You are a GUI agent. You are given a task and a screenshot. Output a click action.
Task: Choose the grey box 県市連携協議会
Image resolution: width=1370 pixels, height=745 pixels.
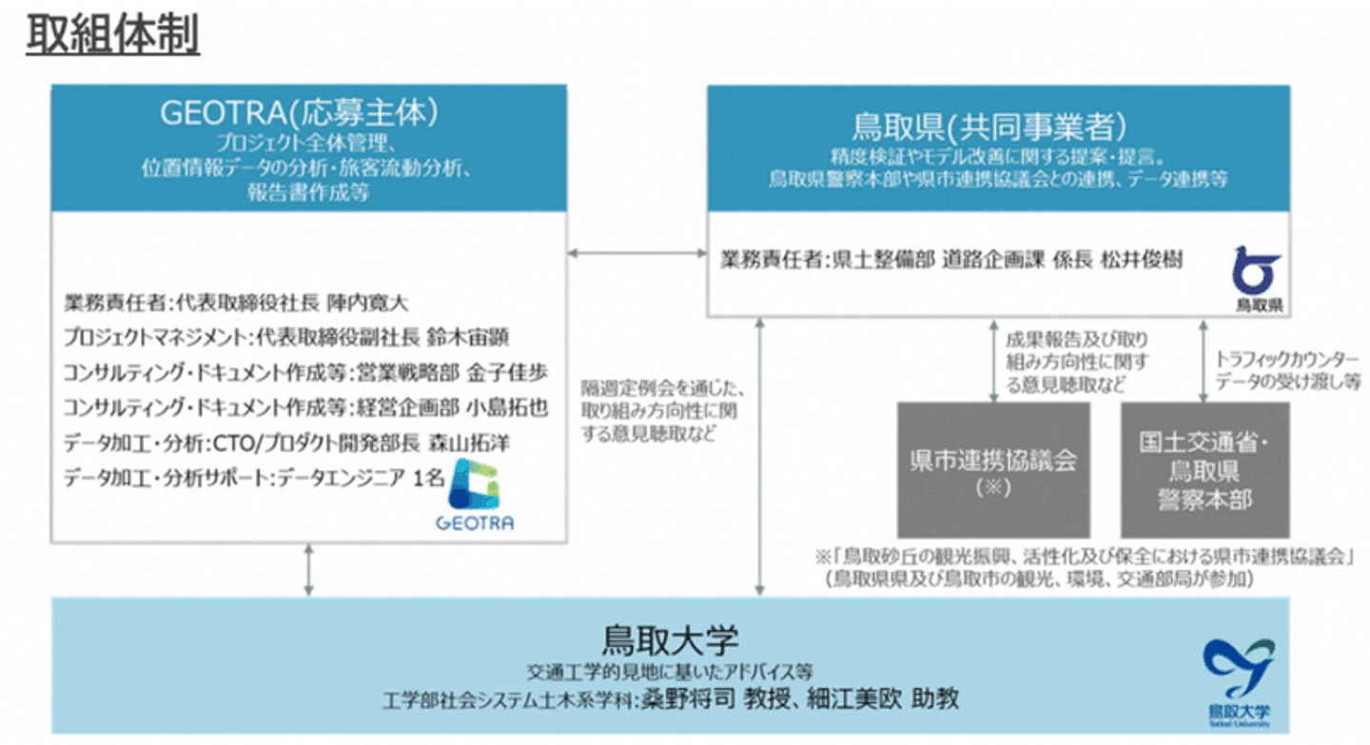click(x=993, y=469)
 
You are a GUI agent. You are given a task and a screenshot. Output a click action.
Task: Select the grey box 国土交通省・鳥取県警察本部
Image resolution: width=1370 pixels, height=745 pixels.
click(x=1205, y=469)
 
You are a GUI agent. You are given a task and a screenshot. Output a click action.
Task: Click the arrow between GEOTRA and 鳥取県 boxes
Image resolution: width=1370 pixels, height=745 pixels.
click(x=636, y=253)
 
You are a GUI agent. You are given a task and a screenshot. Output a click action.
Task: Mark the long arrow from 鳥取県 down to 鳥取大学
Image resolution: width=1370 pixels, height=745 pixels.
click(x=759, y=457)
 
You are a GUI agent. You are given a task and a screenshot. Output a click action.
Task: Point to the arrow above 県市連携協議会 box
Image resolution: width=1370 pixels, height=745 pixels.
click(x=993, y=360)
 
